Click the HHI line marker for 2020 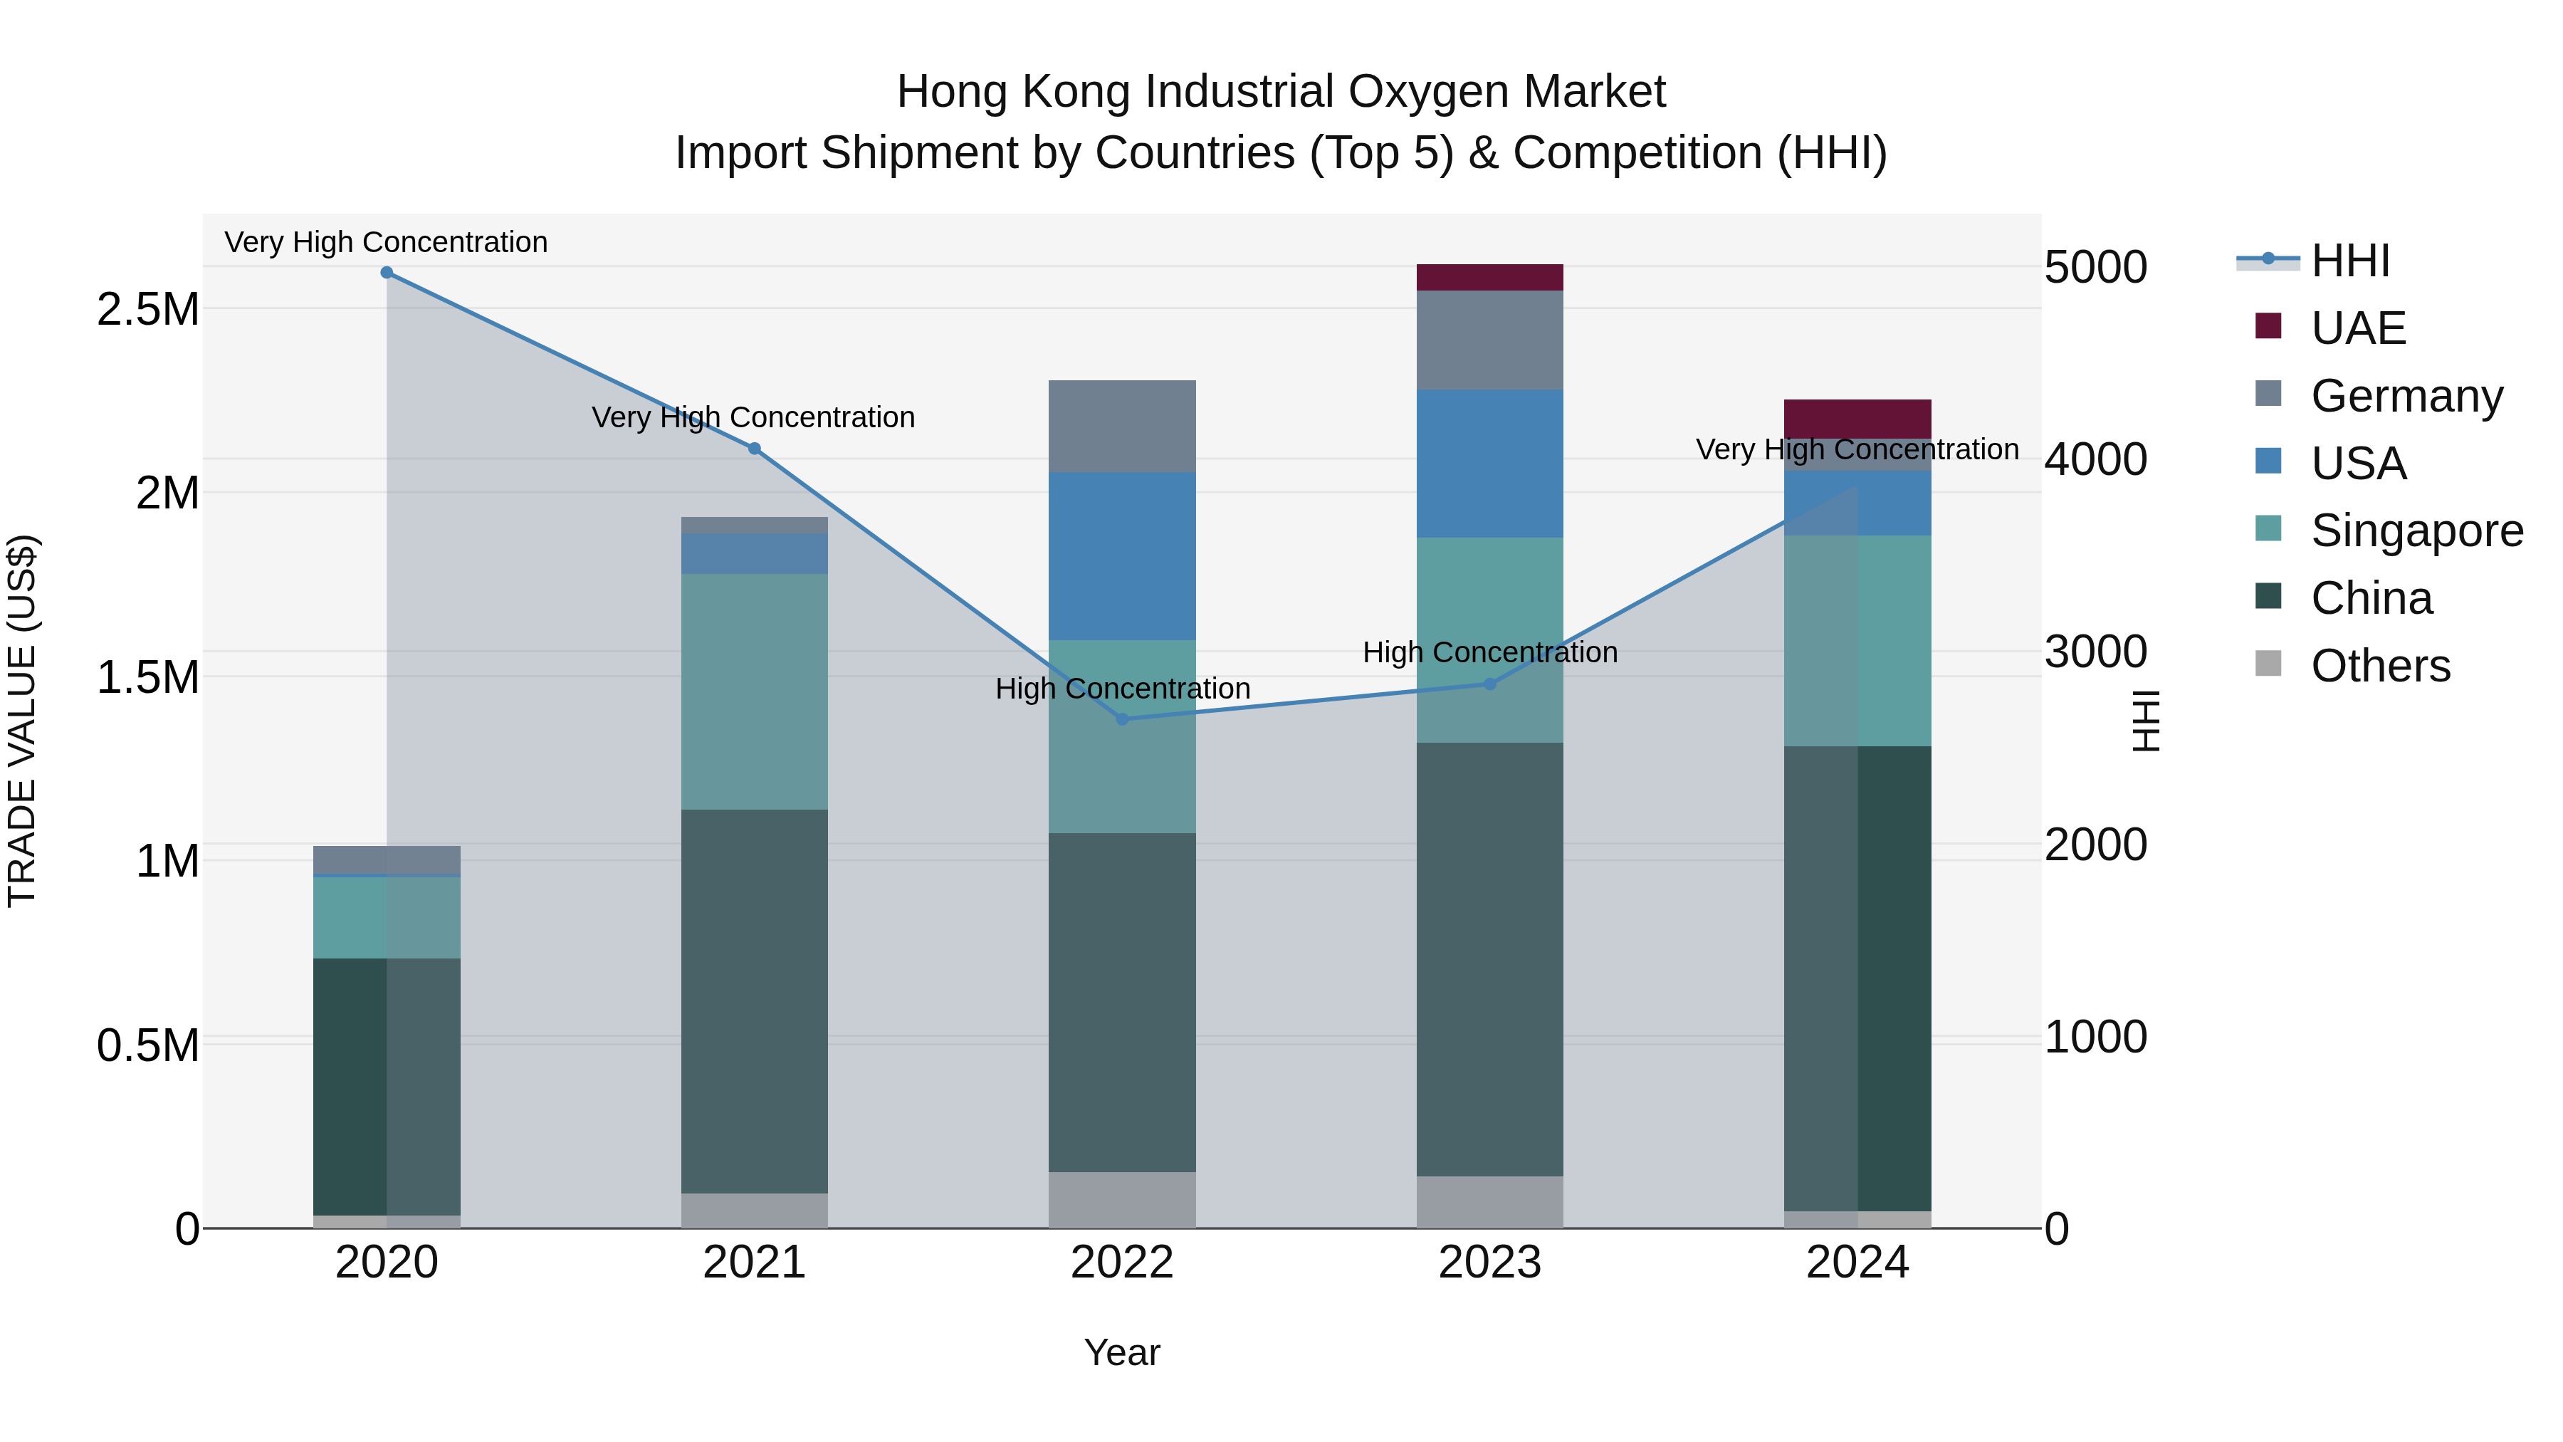[x=387, y=273]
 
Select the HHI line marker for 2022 [x=1122, y=719]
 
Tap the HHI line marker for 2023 [x=1489, y=684]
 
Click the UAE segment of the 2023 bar [x=1489, y=278]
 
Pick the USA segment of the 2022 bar [x=1122, y=556]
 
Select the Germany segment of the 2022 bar [x=1122, y=426]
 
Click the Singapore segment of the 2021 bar [x=754, y=691]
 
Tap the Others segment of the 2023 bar [x=1489, y=1202]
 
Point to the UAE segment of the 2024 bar [x=1857, y=419]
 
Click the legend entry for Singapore [x=2416, y=531]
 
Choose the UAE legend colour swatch [x=2268, y=325]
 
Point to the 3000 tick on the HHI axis [x=2095, y=652]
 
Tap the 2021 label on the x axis [x=754, y=1263]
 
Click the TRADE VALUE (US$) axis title [x=22, y=721]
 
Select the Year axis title [x=1121, y=1352]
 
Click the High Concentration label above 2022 [x=1122, y=689]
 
